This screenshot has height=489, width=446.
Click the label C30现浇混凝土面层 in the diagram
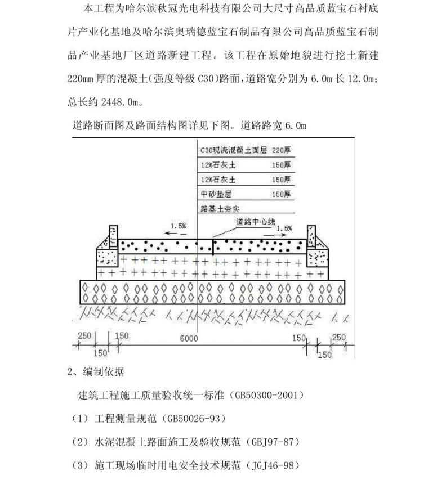pos(234,151)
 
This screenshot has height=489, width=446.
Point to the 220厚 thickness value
pos(281,151)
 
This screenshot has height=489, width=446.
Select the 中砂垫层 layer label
pos(216,194)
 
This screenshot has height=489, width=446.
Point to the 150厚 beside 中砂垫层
pos(281,194)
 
